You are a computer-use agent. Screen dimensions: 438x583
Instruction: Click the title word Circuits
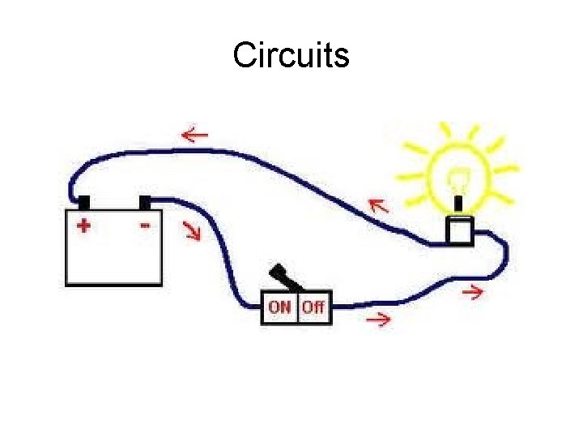click(291, 55)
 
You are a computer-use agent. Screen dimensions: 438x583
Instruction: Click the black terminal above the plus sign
click(83, 201)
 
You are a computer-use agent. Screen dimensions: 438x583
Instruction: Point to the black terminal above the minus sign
click(145, 201)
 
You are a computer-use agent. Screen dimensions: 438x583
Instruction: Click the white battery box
click(113, 255)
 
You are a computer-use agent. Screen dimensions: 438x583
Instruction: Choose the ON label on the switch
click(280, 307)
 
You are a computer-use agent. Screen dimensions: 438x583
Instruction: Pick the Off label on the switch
click(313, 307)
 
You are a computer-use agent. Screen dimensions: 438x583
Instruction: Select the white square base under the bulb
click(460, 230)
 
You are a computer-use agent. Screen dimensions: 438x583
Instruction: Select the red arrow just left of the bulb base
click(377, 207)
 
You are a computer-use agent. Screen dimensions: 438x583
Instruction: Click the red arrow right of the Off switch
click(378, 320)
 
